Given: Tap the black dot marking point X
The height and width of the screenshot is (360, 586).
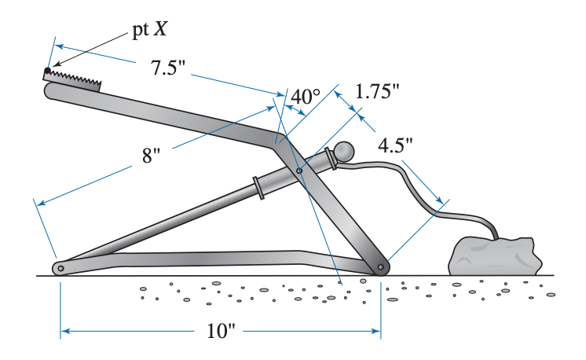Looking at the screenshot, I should [48, 71].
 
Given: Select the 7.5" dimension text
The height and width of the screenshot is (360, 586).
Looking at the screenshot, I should [167, 68].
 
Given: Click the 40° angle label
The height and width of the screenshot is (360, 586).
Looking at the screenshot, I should [306, 97].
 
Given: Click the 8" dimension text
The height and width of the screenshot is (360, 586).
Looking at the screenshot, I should [151, 154].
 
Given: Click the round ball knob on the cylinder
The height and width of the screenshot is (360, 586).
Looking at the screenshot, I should [344, 151].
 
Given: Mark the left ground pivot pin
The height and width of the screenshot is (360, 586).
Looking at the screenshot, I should [60, 268].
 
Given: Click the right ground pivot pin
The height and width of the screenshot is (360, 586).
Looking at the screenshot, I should [380, 268].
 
